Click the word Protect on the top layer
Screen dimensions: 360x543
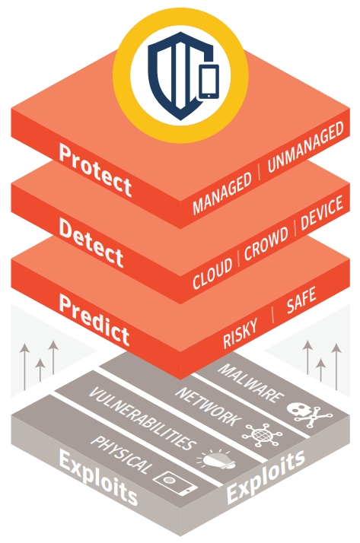(95, 170)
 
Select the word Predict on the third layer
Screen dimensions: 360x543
(94, 319)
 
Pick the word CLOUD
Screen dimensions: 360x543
(212, 273)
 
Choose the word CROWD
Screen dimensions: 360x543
(266, 243)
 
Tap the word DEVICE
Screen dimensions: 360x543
(322, 212)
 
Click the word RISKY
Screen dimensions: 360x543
(240, 333)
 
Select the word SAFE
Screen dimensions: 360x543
(301, 300)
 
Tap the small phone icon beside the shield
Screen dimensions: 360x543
(209, 81)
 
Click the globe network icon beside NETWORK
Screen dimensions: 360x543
(262, 434)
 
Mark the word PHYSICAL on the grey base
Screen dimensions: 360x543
(121, 454)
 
